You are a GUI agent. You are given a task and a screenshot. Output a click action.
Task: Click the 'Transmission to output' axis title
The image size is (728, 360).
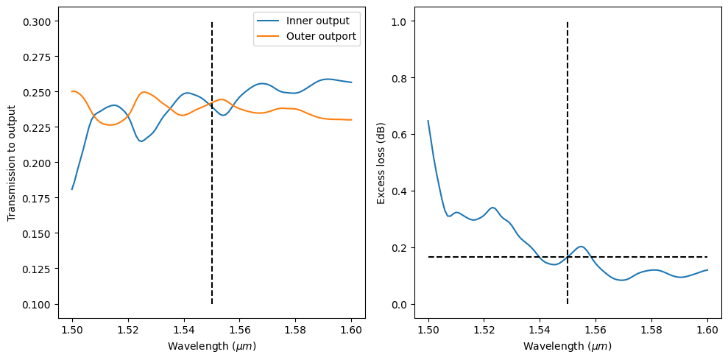coord(12,163)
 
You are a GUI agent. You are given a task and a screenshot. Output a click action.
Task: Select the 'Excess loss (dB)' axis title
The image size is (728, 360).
coord(381,163)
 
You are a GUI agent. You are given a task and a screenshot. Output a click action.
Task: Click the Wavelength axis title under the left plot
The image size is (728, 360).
coord(212,346)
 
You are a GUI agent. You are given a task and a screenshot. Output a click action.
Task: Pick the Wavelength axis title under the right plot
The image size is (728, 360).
coord(568,346)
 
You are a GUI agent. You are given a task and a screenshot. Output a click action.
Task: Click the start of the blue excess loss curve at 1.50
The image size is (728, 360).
coord(428,121)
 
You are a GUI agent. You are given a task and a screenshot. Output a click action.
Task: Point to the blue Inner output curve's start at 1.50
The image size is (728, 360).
coord(72,189)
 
